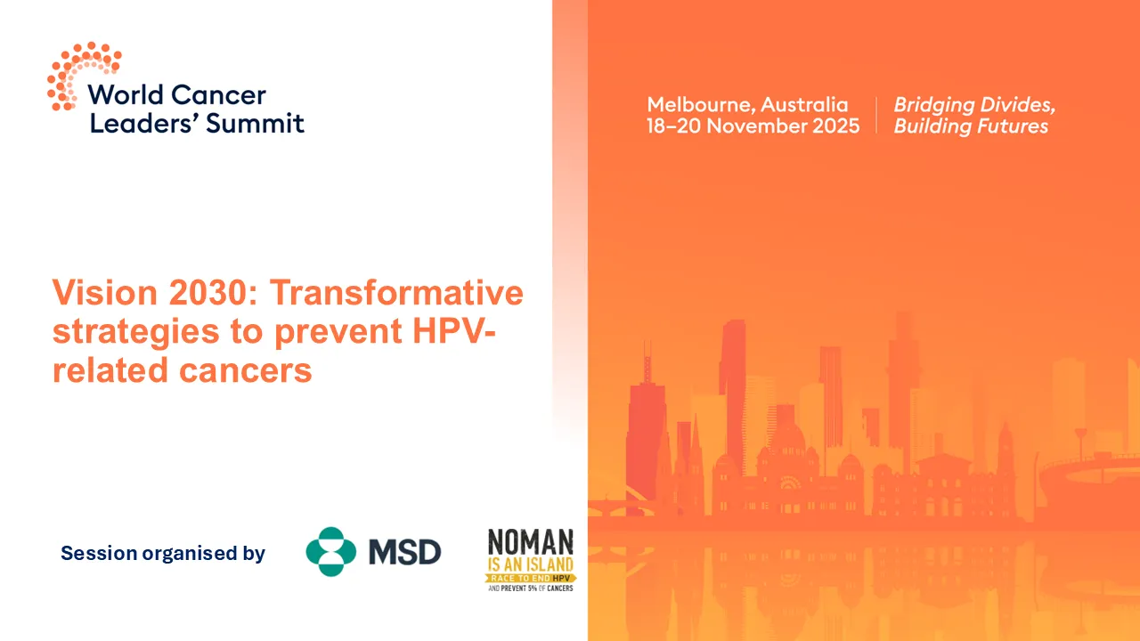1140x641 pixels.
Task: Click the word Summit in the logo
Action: click(256, 123)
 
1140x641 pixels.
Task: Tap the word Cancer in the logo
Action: click(218, 95)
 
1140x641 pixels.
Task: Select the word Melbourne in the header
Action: click(699, 104)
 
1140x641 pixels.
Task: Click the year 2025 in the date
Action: click(835, 126)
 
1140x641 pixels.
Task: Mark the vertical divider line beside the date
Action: click(876, 115)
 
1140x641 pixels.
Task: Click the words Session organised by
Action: click(163, 553)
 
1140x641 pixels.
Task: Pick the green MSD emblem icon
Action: click(330, 552)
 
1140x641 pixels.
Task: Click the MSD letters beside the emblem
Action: click(405, 553)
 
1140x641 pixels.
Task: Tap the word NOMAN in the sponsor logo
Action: click(530, 543)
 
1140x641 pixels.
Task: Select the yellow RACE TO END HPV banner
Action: click(530, 577)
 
